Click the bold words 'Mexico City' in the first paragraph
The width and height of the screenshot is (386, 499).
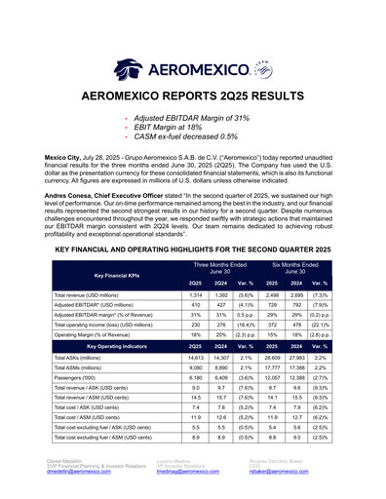pyautogui.click(x=64, y=156)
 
